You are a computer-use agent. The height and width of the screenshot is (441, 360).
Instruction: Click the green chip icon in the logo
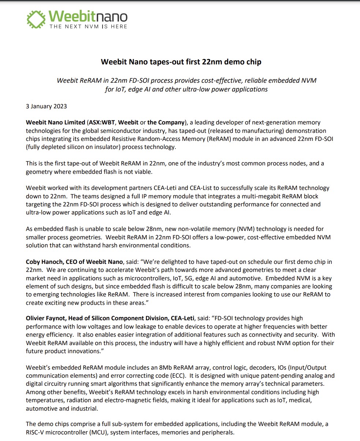(x=37, y=19)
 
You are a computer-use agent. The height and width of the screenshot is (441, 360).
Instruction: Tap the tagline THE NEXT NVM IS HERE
(x=88, y=27)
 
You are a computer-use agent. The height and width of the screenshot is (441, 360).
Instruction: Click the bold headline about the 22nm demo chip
(x=181, y=62)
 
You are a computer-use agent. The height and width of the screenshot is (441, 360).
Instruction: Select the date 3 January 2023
(x=46, y=106)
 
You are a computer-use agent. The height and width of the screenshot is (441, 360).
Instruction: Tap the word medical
(x=300, y=400)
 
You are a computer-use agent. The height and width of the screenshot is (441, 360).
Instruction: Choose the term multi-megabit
(x=264, y=196)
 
